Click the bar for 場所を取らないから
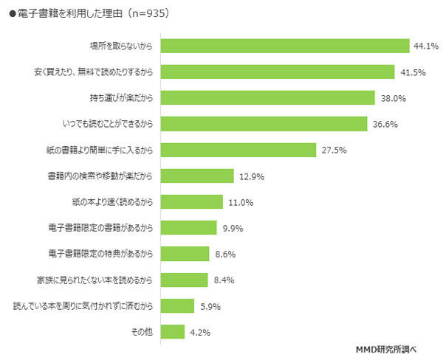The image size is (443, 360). [x=285, y=46]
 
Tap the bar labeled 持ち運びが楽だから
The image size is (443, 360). [x=268, y=98]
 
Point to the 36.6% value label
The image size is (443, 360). [x=384, y=124]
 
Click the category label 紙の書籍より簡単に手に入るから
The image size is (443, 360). [x=99, y=150]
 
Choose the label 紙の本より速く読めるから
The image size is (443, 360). [x=109, y=202]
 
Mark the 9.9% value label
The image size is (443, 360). [x=232, y=228]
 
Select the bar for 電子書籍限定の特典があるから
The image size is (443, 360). [x=185, y=254]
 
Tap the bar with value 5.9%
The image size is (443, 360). [x=177, y=305]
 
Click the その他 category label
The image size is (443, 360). [x=142, y=332]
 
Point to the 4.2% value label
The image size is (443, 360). [x=199, y=332]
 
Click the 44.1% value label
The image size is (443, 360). [x=425, y=46]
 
